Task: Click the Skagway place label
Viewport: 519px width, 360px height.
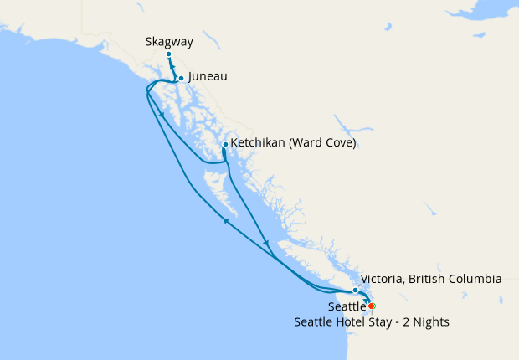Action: pyautogui.click(x=168, y=40)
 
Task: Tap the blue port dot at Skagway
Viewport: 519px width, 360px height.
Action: pyautogui.click(x=168, y=54)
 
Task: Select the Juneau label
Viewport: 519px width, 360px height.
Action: pyautogui.click(x=208, y=76)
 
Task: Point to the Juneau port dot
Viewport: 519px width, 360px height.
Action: pyautogui.click(x=181, y=79)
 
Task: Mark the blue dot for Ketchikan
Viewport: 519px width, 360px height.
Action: pyautogui.click(x=225, y=144)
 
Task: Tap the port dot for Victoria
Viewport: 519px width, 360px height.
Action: pyautogui.click(x=356, y=291)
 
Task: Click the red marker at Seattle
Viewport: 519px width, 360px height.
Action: pyautogui.click(x=371, y=306)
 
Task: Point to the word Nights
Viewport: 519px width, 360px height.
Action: pyautogui.click(x=432, y=322)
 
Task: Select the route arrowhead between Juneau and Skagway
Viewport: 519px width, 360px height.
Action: pyautogui.click(x=173, y=68)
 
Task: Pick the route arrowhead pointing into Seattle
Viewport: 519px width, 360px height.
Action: pyautogui.click(x=366, y=299)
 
